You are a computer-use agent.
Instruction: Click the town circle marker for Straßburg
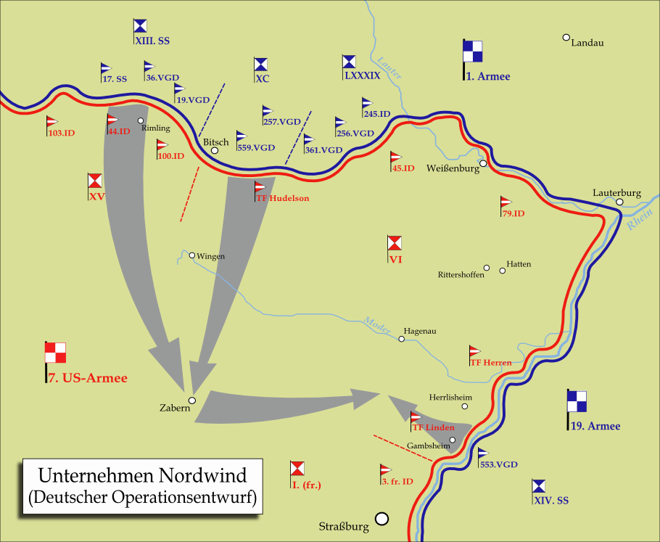click(381, 519)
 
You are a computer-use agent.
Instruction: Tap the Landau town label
click(587, 43)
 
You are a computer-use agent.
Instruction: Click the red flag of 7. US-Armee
click(56, 353)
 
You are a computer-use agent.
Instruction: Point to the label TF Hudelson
click(283, 198)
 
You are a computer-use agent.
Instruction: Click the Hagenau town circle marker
click(401, 339)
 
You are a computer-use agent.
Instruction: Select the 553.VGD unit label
click(498, 464)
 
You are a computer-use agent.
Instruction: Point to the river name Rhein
click(639, 220)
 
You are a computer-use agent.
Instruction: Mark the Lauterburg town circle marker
click(620, 202)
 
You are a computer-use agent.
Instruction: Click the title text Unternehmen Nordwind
click(142, 476)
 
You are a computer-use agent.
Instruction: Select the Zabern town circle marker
click(192, 400)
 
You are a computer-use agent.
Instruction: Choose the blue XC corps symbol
click(261, 64)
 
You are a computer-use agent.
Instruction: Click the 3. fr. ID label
click(397, 481)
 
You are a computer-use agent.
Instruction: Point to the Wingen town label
click(211, 256)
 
